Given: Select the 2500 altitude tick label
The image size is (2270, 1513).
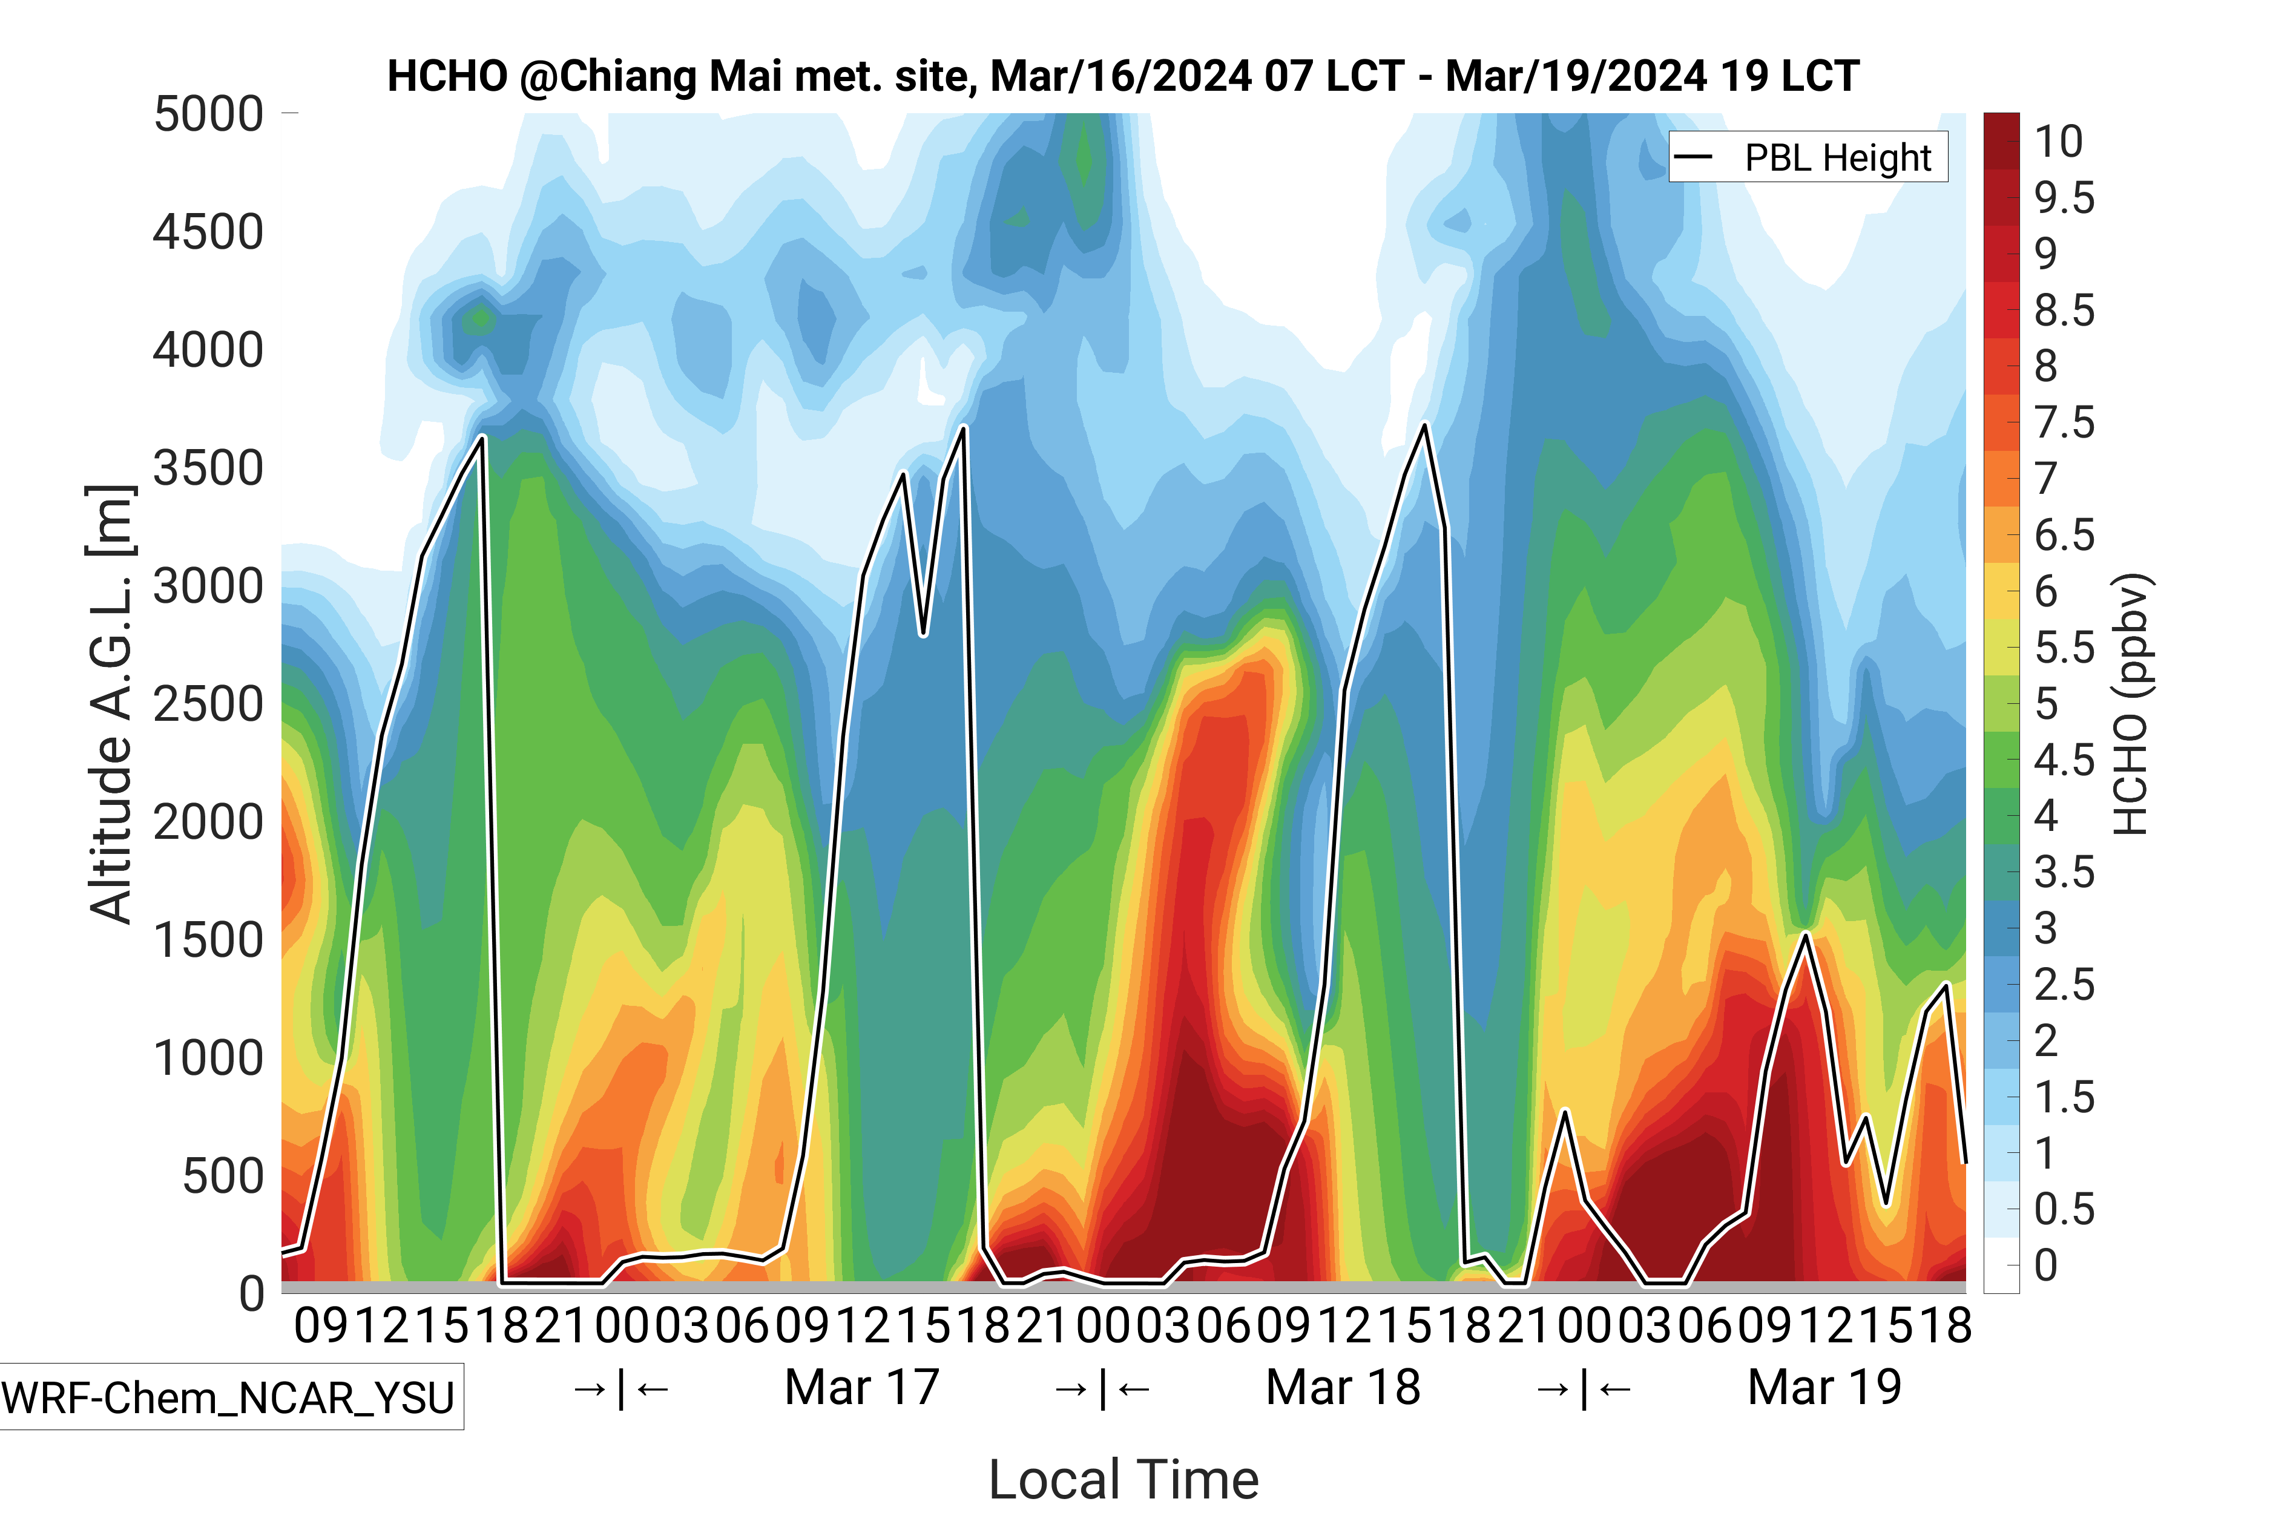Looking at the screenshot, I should [x=208, y=704].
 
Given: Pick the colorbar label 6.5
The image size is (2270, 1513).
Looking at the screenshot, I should [x=2064, y=534].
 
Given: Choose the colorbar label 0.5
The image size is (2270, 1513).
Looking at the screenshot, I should [x=2064, y=1209].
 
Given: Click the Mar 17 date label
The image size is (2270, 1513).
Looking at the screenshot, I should [x=862, y=1388].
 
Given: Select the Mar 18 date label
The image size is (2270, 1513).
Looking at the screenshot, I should [x=1343, y=1388].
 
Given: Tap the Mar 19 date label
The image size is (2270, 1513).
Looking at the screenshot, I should [x=1824, y=1388].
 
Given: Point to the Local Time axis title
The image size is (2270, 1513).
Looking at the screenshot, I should [x=1123, y=1479].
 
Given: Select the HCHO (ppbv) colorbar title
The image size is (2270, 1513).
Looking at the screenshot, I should [x=2130, y=704].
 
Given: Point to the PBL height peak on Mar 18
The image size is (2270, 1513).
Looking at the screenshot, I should [x=1424, y=425].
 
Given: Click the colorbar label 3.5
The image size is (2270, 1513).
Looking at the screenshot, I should [x=2064, y=872].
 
